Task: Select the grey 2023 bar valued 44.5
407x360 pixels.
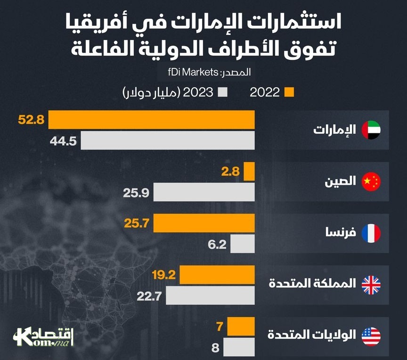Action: point(168,140)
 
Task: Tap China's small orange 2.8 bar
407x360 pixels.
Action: point(249,172)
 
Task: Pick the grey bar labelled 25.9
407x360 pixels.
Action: point(204,192)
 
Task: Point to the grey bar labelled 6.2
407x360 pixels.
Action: point(243,244)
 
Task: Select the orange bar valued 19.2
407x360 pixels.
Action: point(217,275)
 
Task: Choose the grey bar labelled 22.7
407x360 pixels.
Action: point(210,296)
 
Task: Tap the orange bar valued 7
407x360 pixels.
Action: point(241,326)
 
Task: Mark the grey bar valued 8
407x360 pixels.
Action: point(239,348)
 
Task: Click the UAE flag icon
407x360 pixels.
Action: point(371,130)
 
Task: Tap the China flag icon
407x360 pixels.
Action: point(371,182)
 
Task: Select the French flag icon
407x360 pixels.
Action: point(371,233)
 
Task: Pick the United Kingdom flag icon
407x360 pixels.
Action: point(371,284)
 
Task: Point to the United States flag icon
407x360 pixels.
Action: point(371,335)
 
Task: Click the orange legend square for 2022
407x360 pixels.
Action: point(290,92)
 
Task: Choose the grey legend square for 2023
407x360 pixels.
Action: point(223,92)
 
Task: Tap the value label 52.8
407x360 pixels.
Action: point(31,120)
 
